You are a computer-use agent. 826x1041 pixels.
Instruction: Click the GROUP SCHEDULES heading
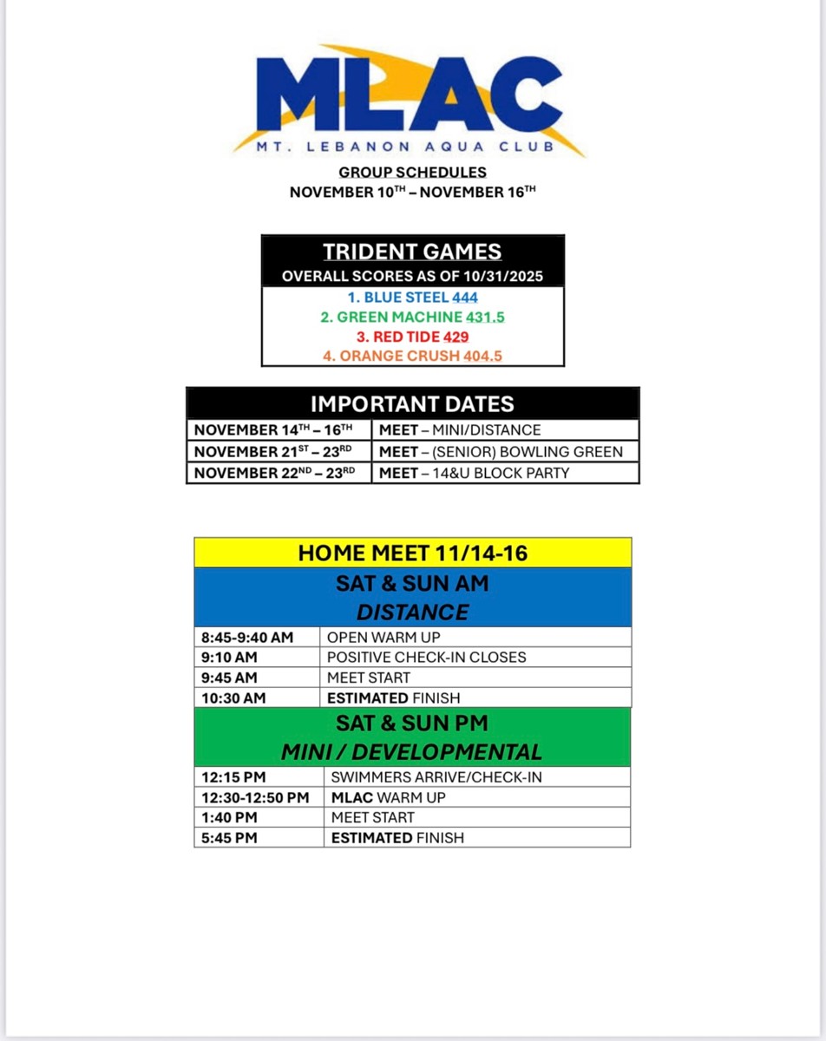click(413, 173)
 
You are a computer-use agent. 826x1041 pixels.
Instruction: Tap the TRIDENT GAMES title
click(413, 252)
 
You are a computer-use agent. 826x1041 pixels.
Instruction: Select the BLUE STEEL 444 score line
click(413, 298)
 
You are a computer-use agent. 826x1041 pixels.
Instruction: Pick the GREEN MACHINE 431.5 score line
click(413, 318)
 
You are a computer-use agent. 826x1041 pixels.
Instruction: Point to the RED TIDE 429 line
click(413, 337)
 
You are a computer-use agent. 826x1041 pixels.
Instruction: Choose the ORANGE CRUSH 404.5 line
click(413, 356)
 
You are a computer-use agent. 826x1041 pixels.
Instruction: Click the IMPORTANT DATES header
click(413, 403)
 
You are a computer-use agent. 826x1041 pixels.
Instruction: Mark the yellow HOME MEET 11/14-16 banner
click(413, 553)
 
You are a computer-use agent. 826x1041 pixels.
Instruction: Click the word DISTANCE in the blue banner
click(413, 612)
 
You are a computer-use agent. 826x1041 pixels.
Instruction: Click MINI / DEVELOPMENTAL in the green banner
click(413, 752)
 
